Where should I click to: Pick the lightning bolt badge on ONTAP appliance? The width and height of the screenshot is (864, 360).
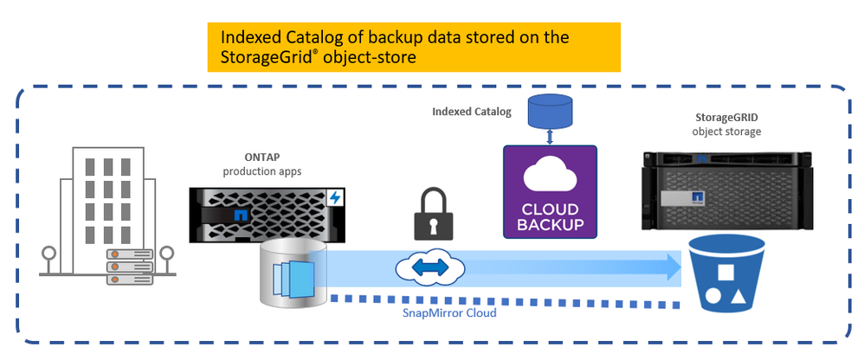(335, 198)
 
